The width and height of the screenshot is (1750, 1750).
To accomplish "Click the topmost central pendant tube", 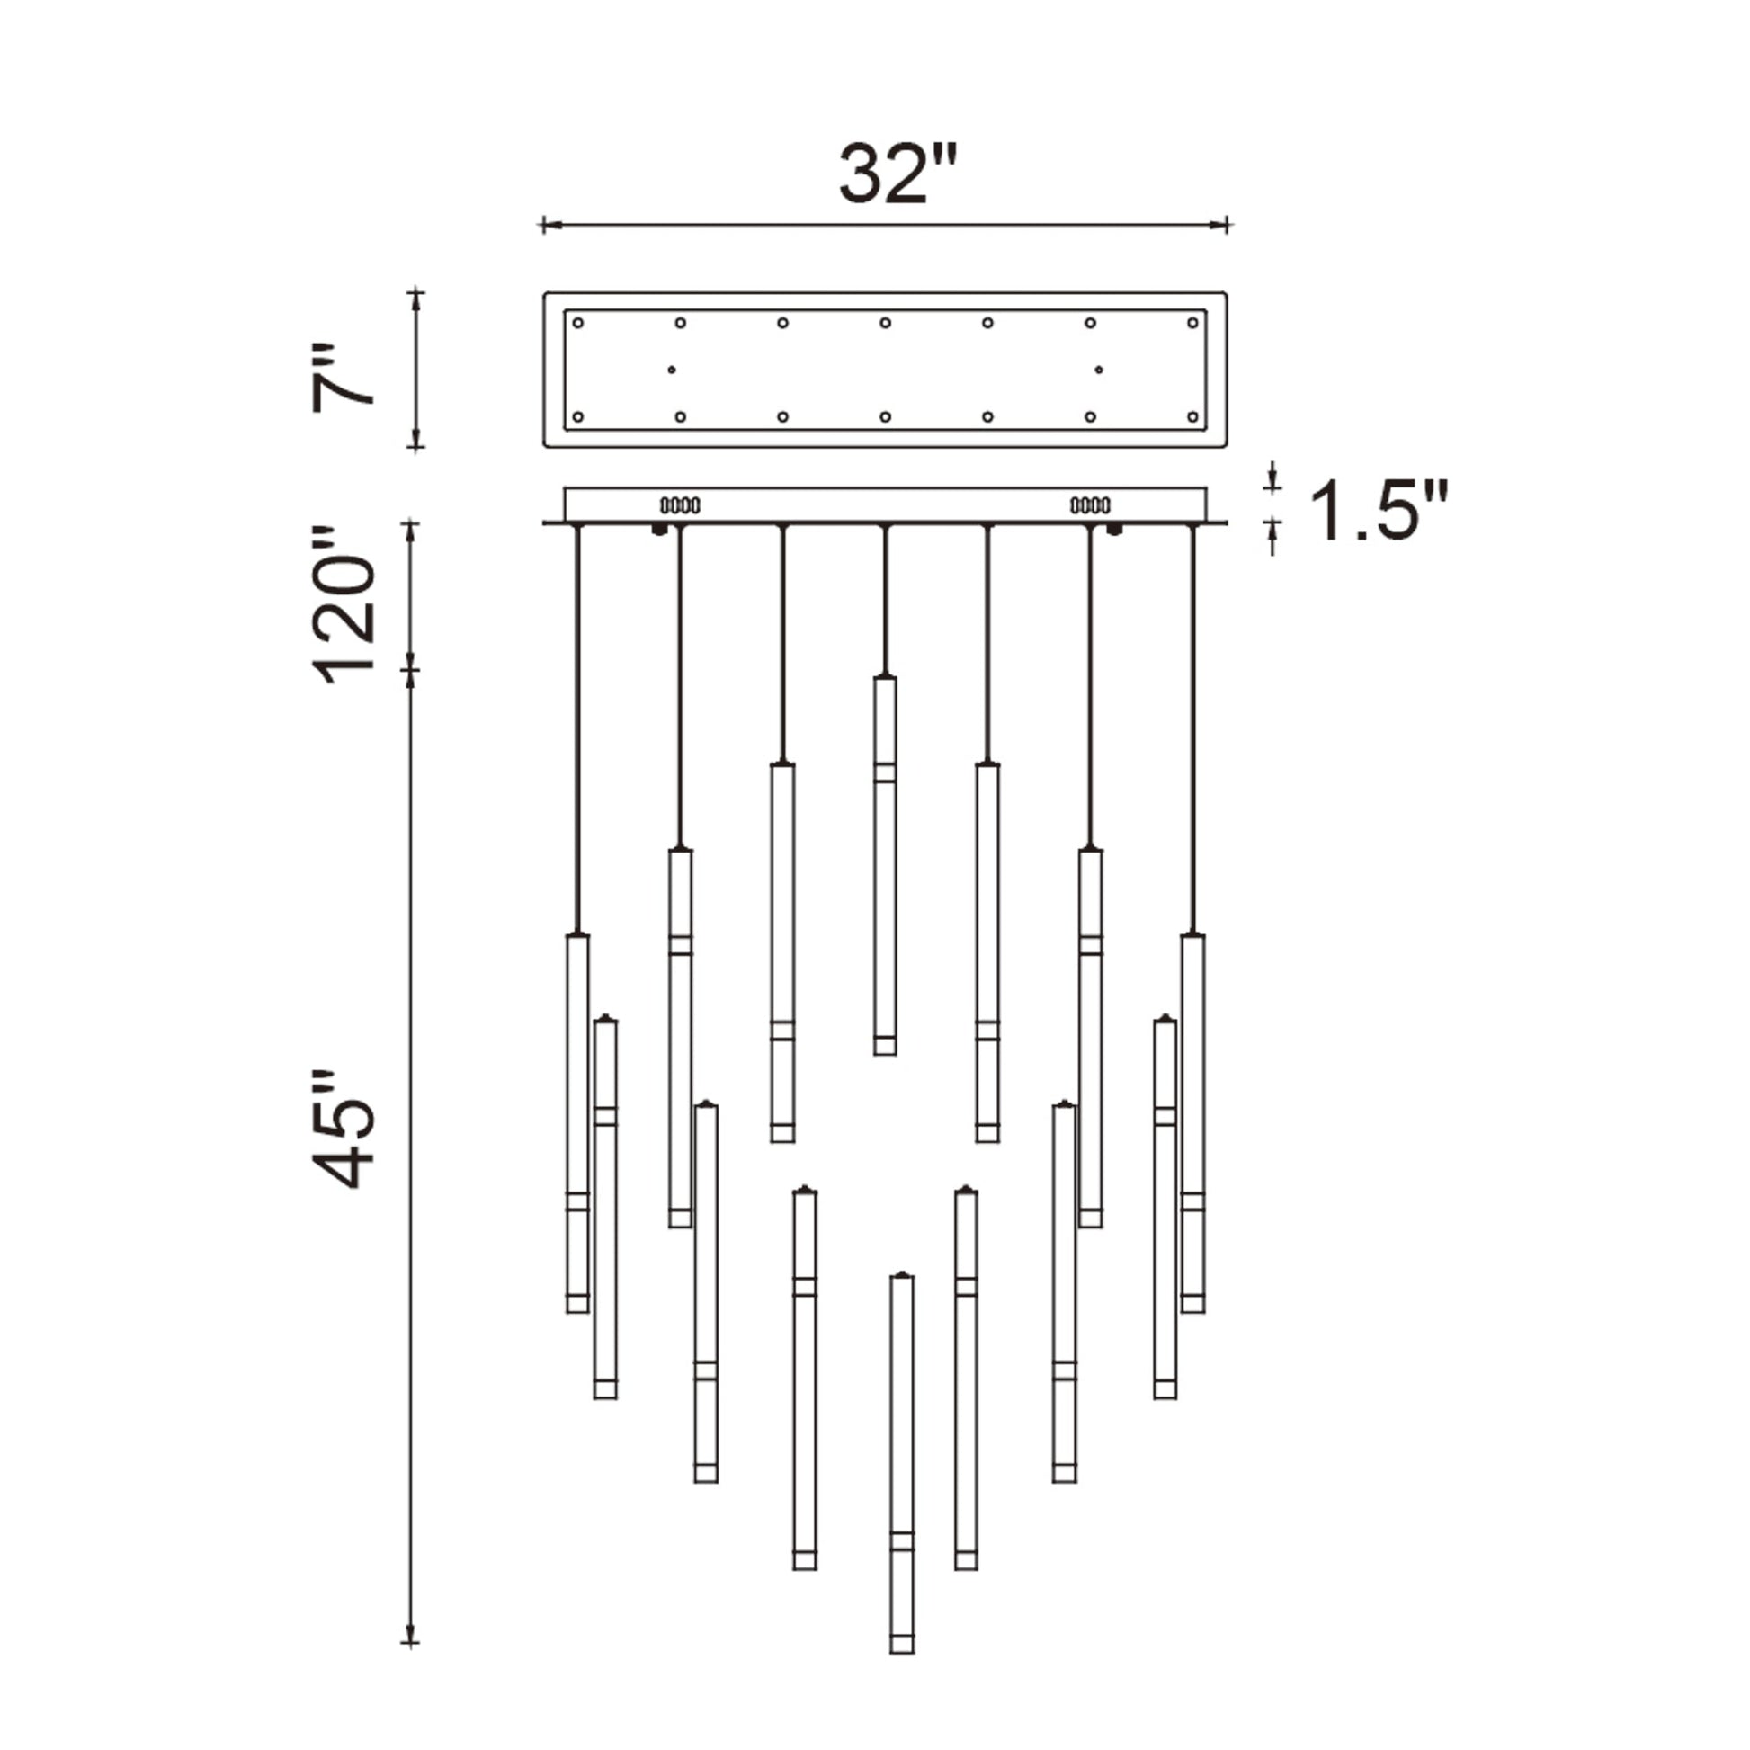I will tap(885, 864).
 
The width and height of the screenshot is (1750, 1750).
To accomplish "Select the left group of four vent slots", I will tap(680, 504).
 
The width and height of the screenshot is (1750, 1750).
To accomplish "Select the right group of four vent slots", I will tap(1090, 504).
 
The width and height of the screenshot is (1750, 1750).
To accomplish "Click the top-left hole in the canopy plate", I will tap(578, 323).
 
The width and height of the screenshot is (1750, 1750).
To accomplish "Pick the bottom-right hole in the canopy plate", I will tap(1192, 416).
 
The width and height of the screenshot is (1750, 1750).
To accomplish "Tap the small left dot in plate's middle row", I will tap(671, 370).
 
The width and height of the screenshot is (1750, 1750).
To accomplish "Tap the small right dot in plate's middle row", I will tap(1099, 370).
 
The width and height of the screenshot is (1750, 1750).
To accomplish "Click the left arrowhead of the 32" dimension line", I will tap(545, 225).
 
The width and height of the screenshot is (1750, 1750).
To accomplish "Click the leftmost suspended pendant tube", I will tap(577, 1123).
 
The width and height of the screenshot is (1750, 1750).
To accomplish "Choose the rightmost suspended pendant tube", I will tap(1193, 1123).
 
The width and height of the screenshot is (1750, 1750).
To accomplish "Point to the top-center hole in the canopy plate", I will tap(885, 323).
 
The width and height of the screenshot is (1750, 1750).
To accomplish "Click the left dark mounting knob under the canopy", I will tap(659, 529).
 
